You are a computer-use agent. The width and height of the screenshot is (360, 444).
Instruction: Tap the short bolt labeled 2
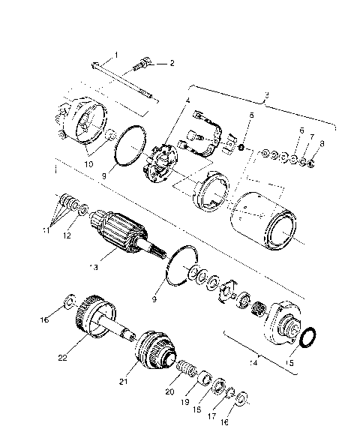point(143,67)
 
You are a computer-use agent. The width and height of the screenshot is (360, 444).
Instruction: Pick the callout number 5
point(251,115)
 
